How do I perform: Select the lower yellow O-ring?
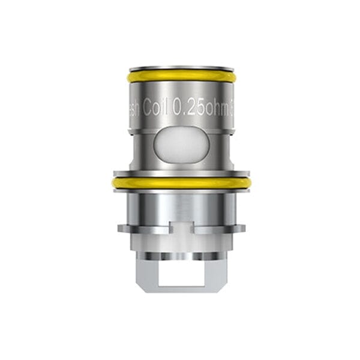point(180,183)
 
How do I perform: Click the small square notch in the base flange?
point(180,227)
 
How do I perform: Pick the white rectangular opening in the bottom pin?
point(180,273)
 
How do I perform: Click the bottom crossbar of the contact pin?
point(180,288)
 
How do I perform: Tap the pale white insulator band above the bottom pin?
point(180,242)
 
